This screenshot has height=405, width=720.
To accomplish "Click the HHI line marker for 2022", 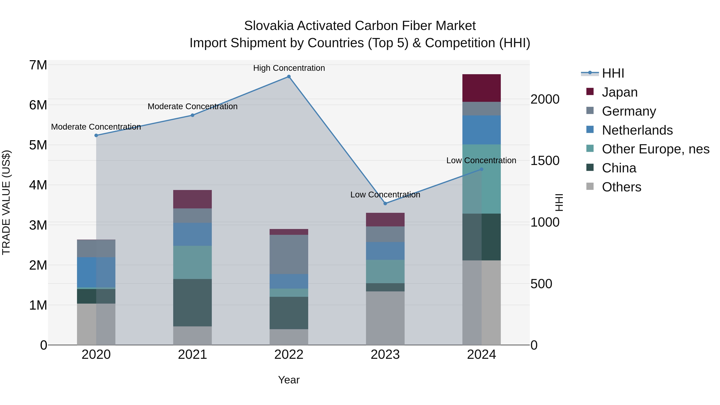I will pos(289,77).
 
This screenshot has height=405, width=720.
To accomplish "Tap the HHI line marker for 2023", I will pos(385,203).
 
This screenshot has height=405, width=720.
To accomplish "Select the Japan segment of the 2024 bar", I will pos(481,88).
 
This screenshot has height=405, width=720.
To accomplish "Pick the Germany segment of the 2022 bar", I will pos(289,254).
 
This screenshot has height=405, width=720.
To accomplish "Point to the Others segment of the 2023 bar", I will pos(385,318).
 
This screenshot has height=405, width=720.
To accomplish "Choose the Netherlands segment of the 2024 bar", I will pos(481,130).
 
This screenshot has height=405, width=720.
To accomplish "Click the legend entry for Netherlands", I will pos(637,130).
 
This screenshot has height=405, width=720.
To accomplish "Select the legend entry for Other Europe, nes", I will pos(655,149).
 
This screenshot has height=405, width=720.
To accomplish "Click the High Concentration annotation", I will pos(289,68).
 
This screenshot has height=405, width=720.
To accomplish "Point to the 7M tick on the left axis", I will pos(38,65).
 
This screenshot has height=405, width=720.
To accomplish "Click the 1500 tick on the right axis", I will pos(545,161).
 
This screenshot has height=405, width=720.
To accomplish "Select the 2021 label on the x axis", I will pos(192,355).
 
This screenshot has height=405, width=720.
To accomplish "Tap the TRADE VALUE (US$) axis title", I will pos(6,202).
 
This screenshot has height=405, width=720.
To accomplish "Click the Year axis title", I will pos(289,380).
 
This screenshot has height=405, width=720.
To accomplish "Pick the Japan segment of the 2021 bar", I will pos(192,199).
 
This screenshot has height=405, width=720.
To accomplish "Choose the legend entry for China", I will pos(619,168).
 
